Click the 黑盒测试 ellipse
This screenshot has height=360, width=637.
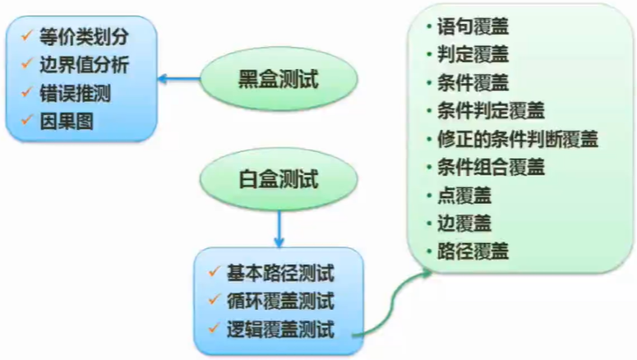[x=278, y=80]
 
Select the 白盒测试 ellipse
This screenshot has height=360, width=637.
[x=278, y=178]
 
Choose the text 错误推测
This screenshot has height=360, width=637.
[x=75, y=93]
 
